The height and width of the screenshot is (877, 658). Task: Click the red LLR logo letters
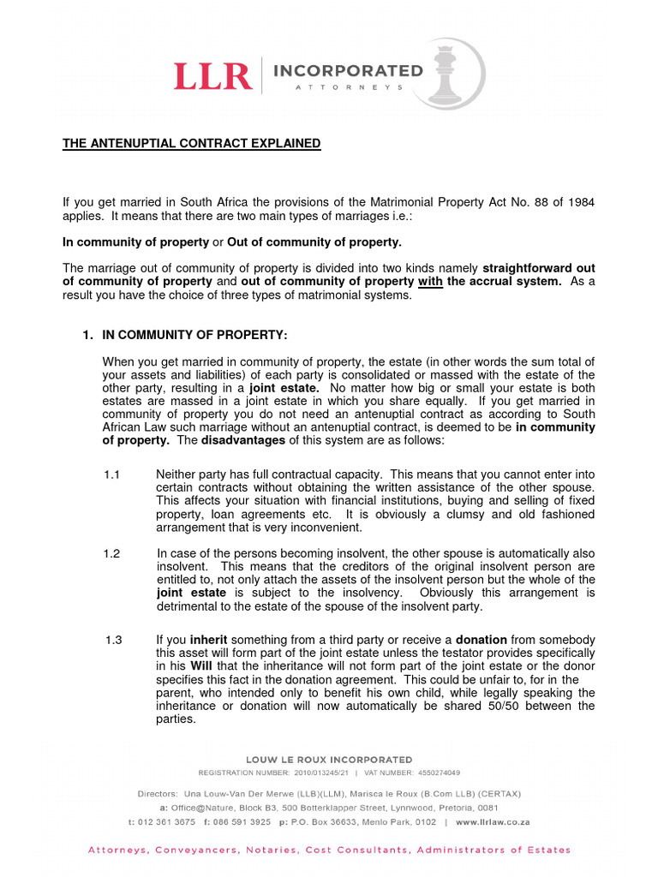[x=213, y=76]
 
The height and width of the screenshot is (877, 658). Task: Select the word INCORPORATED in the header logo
[x=348, y=69]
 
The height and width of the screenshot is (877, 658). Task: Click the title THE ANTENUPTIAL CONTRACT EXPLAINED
[x=191, y=144]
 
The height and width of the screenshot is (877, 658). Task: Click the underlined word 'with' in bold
[x=430, y=282]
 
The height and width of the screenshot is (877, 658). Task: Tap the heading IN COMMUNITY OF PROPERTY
[x=194, y=335]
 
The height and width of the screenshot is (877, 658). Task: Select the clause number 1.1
[x=113, y=474]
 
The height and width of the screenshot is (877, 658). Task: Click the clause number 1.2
[x=113, y=553]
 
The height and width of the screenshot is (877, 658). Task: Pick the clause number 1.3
[x=114, y=641]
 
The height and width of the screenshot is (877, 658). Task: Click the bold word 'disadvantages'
[x=243, y=440]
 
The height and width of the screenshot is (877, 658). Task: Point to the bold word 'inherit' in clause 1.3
[x=209, y=641]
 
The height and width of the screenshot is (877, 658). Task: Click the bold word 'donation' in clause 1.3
[x=481, y=641]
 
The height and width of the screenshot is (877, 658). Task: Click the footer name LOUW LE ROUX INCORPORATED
[x=329, y=760]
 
